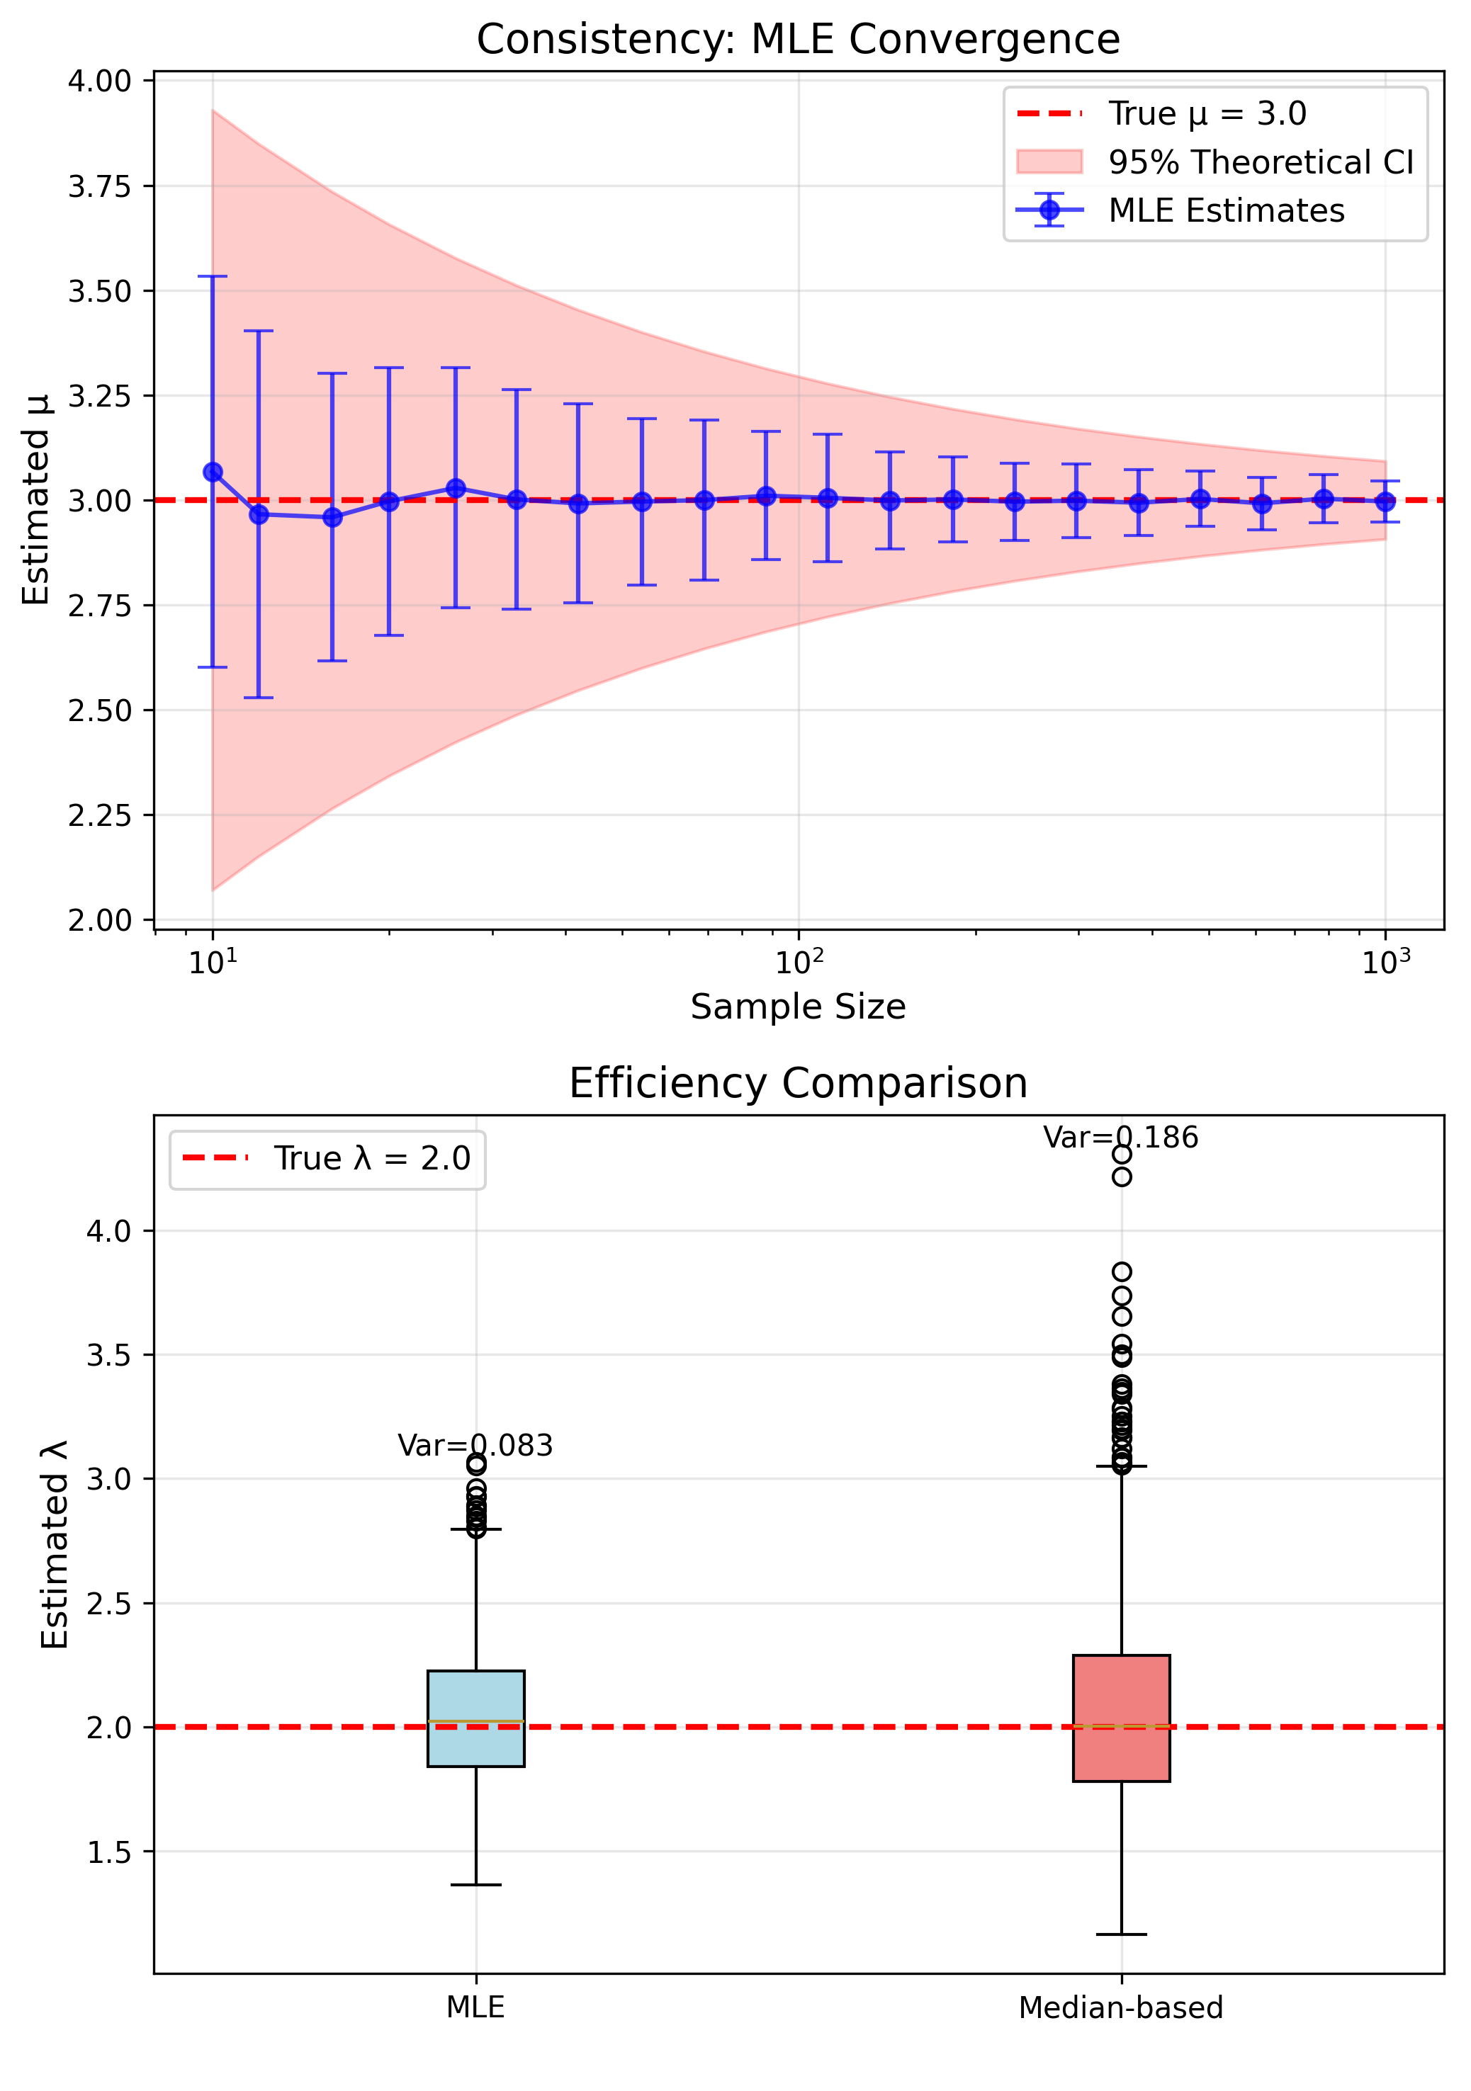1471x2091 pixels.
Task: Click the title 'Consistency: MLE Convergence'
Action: point(798,40)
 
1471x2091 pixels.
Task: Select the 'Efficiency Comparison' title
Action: point(798,1084)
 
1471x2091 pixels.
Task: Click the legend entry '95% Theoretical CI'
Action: point(1260,162)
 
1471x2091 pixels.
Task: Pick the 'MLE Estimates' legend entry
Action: point(1225,210)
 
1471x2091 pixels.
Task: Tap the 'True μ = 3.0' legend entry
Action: point(1207,114)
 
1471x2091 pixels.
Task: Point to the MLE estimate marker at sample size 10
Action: point(213,472)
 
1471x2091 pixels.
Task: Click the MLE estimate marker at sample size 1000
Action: point(1385,501)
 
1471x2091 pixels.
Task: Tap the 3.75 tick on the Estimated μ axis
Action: point(99,187)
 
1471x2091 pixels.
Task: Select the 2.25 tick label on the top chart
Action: point(99,815)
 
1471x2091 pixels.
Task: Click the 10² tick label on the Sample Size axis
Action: point(799,962)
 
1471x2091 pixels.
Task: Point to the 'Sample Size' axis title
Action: point(798,1007)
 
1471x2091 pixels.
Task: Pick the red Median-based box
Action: point(1121,1718)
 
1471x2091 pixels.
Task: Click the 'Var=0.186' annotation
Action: point(1120,1138)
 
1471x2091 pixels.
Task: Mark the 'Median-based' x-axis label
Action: point(1120,2008)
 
